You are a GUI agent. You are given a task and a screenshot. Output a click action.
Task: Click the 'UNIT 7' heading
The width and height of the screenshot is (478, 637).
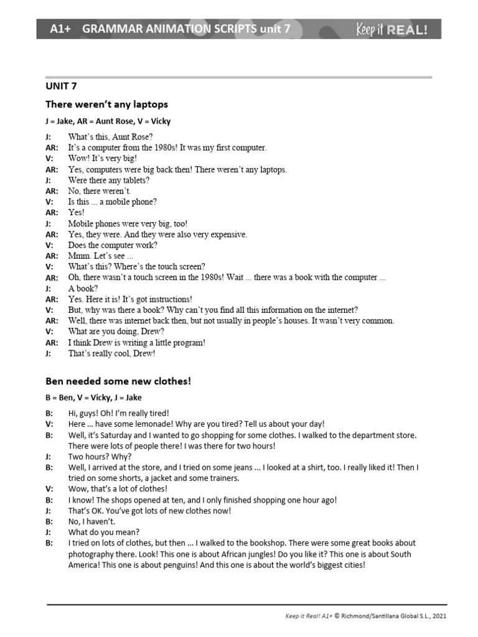tap(61, 86)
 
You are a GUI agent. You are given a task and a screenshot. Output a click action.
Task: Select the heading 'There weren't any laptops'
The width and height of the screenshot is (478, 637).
tap(106, 104)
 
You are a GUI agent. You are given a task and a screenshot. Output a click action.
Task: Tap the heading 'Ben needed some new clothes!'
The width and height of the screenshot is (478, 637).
tap(118, 381)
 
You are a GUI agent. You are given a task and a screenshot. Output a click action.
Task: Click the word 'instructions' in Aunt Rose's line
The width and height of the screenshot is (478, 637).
tap(169, 299)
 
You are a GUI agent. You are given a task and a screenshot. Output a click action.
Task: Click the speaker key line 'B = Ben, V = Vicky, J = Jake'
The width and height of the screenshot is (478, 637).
tap(93, 398)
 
